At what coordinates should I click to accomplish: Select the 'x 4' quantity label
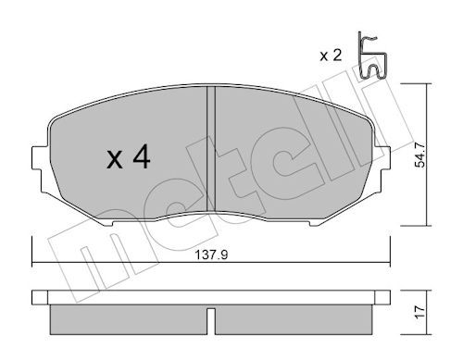coord(129,159)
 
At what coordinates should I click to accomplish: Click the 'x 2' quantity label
coord(331,56)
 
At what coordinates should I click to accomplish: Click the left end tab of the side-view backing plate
coord(38,298)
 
